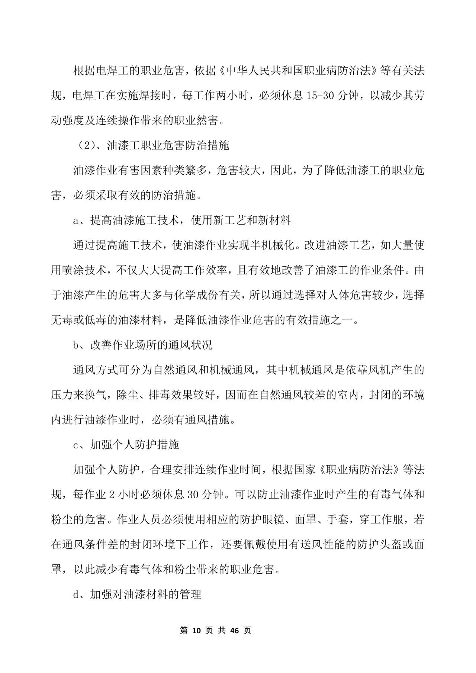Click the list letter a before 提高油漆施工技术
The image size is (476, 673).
point(75,220)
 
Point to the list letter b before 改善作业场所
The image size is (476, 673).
point(75,345)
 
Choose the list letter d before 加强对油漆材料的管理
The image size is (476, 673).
point(75,595)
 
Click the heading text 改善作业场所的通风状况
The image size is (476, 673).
point(151,345)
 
